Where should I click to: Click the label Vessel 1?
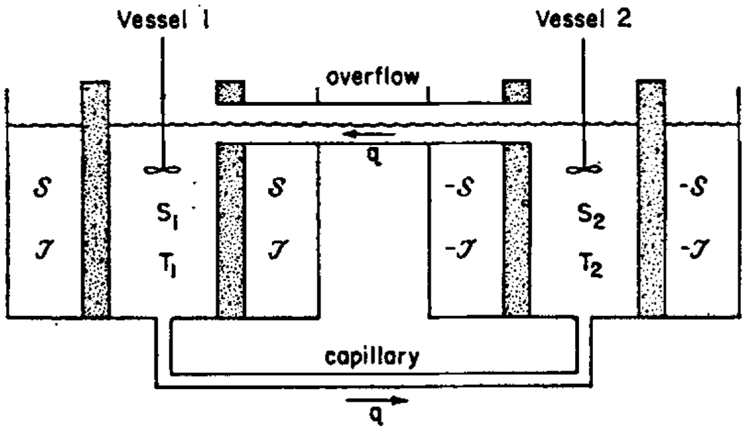coord(164,19)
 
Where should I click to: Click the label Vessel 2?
coord(583,19)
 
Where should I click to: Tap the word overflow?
coord(372,77)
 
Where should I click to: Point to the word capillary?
coord(372,358)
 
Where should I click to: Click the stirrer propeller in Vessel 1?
coord(162,170)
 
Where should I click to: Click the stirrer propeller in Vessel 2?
coord(585,170)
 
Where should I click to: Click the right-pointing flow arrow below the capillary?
coord(377,400)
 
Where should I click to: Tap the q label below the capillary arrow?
coord(377,416)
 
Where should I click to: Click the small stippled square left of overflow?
coord(230,91)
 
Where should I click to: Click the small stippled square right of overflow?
coord(517,91)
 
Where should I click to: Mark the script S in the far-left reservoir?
coord(42,187)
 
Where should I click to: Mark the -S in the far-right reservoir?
coord(693,186)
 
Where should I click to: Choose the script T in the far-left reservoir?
coord(44,249)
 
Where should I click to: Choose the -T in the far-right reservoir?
coord(695,249)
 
